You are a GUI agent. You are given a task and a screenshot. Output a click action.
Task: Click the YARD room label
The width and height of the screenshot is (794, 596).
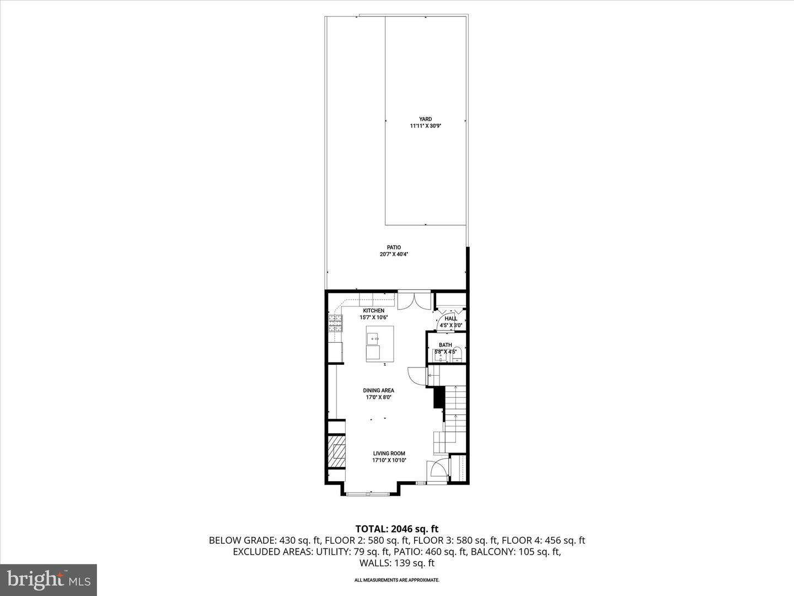pos(425,119)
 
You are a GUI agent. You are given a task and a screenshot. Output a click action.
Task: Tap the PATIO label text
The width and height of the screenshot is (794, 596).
pos(394,248)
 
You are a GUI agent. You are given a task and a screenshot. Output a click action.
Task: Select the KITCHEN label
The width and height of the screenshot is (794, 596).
pos(374,311)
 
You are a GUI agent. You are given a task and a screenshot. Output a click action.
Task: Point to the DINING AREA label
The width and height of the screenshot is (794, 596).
pos(378,391)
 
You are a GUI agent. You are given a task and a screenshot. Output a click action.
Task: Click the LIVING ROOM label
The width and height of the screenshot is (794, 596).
pos(389,454)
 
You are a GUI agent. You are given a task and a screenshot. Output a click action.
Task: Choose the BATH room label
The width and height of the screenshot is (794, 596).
pos(446,345)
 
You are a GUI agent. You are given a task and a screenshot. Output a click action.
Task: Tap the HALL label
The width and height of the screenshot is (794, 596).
pos(450,318)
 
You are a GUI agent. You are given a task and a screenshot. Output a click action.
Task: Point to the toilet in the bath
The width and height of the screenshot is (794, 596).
pos(457,355)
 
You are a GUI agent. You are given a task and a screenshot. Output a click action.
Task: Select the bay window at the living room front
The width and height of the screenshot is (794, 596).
pos(367,493)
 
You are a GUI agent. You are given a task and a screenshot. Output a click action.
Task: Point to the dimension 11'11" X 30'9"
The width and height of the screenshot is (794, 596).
pos(426,126)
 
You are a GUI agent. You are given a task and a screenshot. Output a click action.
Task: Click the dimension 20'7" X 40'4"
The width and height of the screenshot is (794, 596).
pos(394,254)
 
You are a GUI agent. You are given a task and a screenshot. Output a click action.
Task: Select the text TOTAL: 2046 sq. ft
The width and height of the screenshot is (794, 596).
pos(397,529)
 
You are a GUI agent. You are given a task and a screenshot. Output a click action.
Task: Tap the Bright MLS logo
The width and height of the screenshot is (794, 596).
pos(49,580)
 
